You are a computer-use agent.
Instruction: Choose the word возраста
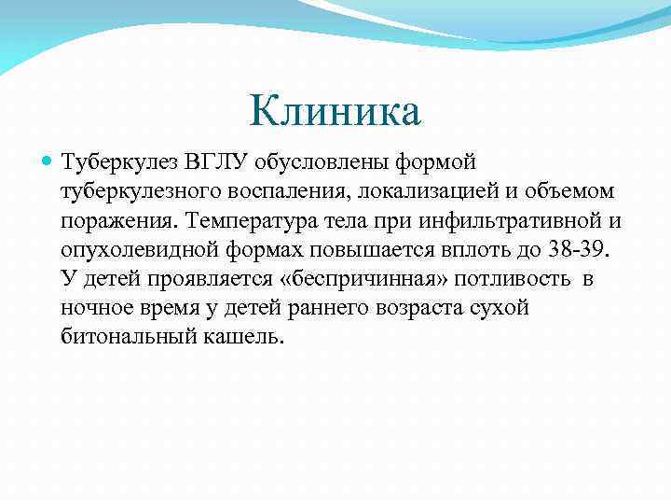(x=424, y=308)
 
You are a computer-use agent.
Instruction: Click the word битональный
(x=126, y=337)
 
